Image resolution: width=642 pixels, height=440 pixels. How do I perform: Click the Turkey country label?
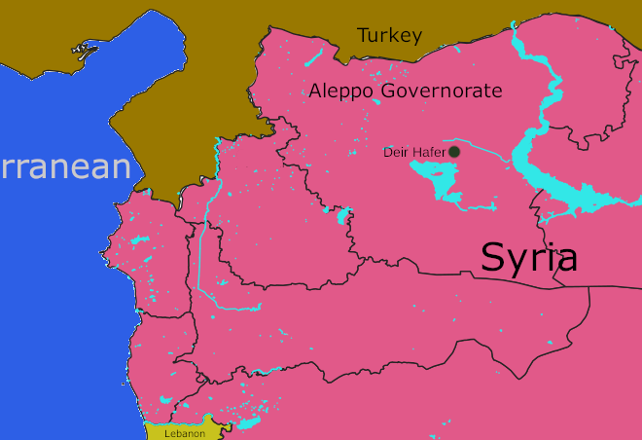coord(389,36)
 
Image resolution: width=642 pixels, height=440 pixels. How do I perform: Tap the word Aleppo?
coord(342,92)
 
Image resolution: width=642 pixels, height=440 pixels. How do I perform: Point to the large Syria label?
coord(529,257)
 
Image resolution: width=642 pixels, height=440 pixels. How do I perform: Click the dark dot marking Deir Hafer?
coord(454,152)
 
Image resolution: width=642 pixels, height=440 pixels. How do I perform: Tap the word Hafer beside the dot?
coord(427,153)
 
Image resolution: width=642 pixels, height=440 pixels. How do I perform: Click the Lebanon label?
coord(185,433)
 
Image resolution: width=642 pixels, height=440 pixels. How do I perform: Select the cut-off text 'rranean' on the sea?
coord(64,166)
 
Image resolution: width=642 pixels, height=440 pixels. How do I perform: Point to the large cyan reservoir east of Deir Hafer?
coord(545,175)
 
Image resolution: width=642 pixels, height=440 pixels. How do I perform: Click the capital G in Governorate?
coord(390,92)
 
